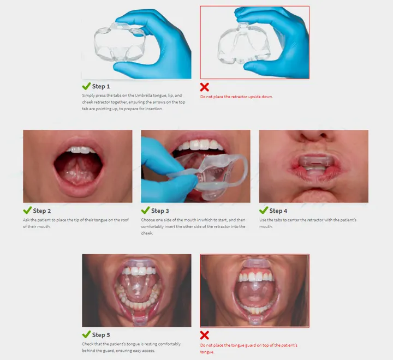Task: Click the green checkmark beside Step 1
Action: point(86,86)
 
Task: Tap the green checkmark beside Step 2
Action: point(27,211)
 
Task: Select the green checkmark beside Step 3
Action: point(145,211)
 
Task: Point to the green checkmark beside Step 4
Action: point(264,211)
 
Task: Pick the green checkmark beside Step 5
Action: point(86,334)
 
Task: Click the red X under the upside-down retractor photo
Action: point(205,87)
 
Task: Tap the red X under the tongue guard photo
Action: point(205,335)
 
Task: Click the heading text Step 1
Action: point(101,86)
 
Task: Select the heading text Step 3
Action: point(160,211)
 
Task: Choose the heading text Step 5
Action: point(101,334)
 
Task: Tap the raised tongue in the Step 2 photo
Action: point(77,163)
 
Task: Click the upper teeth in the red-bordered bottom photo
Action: point(254,275)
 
